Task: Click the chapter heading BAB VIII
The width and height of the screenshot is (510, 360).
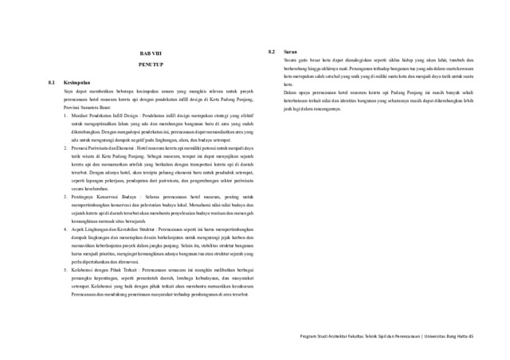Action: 149,53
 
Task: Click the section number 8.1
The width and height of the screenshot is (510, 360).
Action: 51,82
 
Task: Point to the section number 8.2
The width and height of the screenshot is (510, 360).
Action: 273,53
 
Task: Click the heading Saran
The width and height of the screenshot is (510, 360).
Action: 292,53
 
